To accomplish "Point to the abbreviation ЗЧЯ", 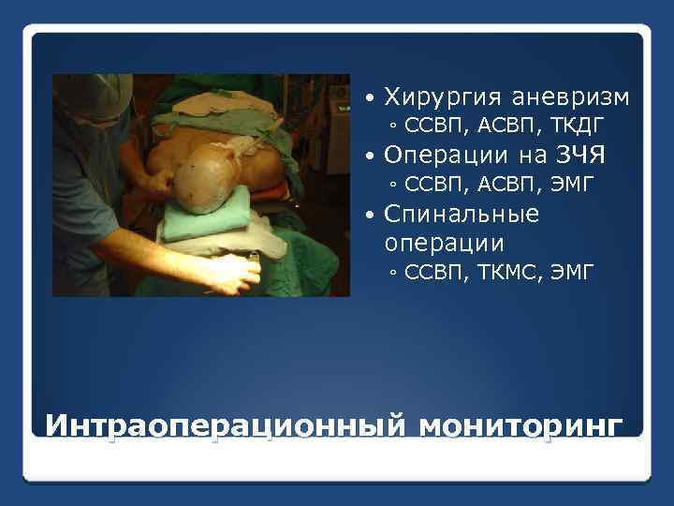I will tap(581, 155).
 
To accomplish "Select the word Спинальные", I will tap(462, 214).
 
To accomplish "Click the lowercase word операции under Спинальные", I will tap(444, 243).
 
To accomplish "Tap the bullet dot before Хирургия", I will tap(372, 98).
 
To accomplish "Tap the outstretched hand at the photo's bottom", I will tap(229, 272).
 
